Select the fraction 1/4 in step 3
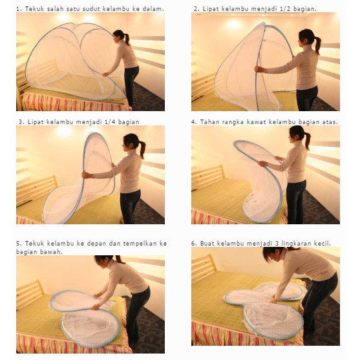[x=109, y=122]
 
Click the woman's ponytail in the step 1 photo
[x=127, y=39]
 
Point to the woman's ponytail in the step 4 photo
[x=307, y=140]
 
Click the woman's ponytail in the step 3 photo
[x=142, y=149]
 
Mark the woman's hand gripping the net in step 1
[x=105, y=74]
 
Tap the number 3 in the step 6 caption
[x=277, y=244]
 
